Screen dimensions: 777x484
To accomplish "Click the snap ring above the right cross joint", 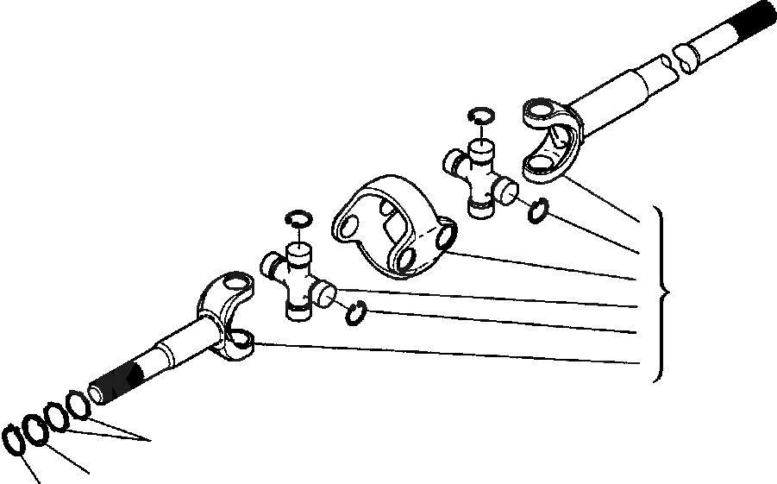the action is pyautogui.click(x=479, y=116).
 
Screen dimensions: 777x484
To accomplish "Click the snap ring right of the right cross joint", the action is pyautogui.click(x=537, y=210).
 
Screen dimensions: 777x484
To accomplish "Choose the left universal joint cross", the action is pyautogui.click(x=298, y=280).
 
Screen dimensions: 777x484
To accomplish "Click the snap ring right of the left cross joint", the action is pyautogui.click(x=356, y=314).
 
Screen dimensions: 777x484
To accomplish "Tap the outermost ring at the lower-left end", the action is pyautogui.click(x=15, y=439).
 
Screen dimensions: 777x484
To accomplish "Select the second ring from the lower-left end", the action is pyautogui.click(x=35, y=428).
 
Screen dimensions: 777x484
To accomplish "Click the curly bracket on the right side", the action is pyautogui.click(x=661, y=293).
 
